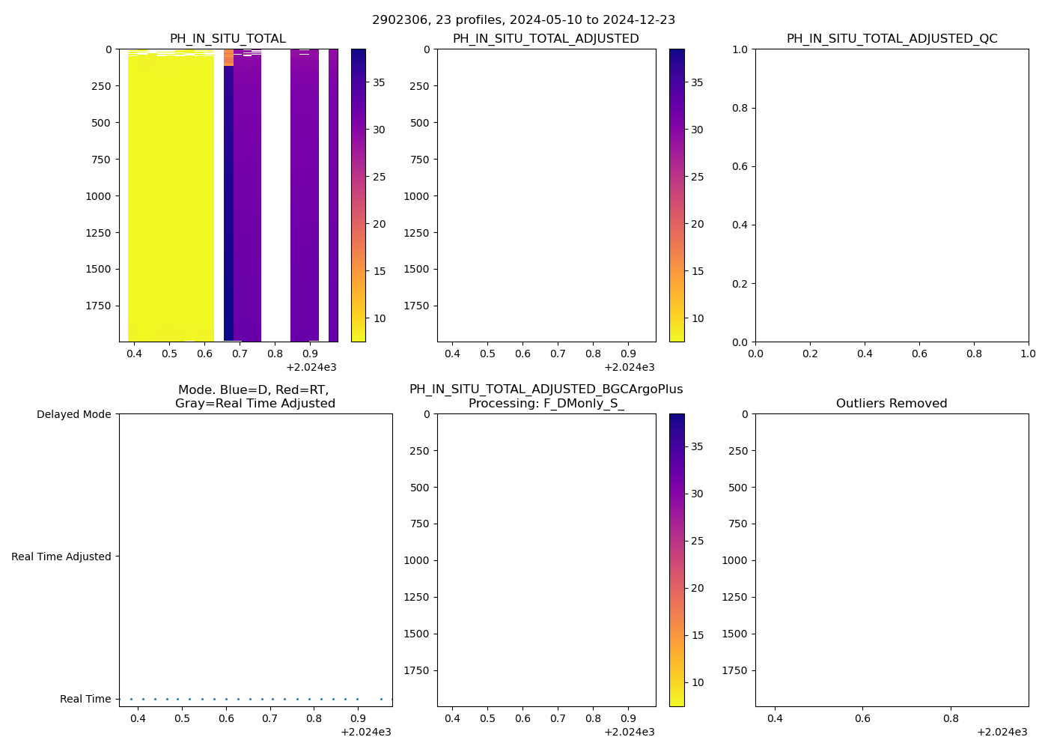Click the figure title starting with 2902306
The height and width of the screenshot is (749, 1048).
click(523, 19)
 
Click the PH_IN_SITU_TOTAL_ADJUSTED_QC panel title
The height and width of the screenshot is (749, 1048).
click(892, 39)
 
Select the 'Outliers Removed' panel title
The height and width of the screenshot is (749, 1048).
click(892, 404)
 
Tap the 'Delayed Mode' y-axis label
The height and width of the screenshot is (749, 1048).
click(73, 414)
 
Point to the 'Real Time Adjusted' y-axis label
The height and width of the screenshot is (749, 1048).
click(61, 557)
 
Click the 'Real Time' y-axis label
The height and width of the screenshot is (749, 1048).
click(85, 699)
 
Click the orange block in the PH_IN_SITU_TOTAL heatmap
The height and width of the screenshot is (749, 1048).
click(228, 58)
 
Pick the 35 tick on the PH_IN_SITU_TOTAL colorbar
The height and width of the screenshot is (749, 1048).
click(380, 82)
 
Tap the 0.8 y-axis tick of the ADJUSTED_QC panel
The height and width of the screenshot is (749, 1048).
click(740, 108)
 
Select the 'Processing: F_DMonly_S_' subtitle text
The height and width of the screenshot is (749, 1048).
click(546, 404)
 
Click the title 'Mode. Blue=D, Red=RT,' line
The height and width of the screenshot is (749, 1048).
click(253, 390)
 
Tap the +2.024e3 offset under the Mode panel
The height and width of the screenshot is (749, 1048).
click(365, 732)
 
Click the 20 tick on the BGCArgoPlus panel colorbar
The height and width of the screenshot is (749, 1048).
click(697, 588)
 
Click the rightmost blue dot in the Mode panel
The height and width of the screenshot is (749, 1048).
click(392, 699)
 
